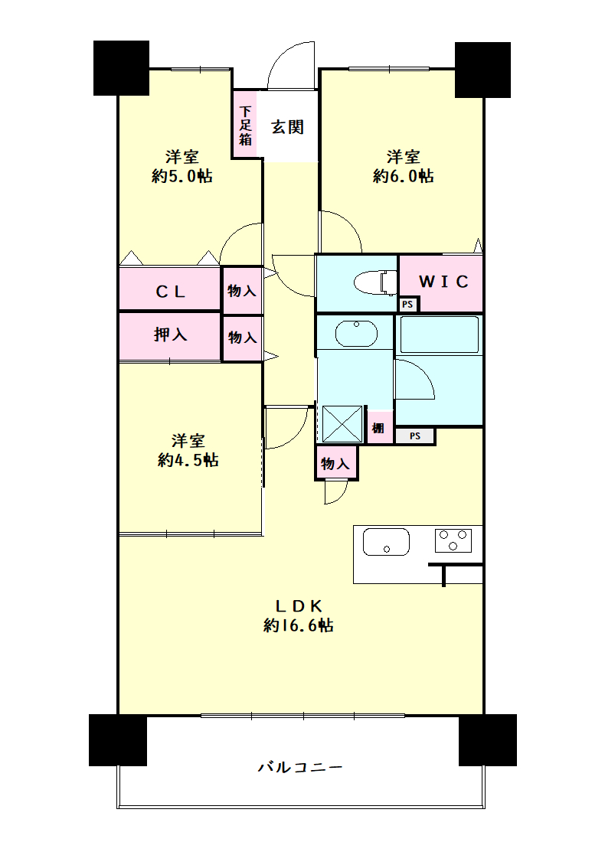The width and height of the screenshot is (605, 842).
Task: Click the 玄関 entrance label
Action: point(287,127)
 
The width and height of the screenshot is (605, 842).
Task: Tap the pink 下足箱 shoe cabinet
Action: point(245,124)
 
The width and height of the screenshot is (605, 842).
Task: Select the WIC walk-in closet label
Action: point(444,282)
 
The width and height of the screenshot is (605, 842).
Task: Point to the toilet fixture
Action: point(375,282)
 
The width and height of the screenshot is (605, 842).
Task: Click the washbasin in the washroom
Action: point(356,334)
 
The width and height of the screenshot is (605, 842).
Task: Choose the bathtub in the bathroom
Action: point(439,335)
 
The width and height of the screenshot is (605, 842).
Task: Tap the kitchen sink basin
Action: point(386,542)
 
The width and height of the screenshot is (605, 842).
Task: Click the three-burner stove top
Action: point(453,540)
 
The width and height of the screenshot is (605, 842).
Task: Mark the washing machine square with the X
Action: point(342,424)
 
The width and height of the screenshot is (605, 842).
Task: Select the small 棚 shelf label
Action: point(379,428)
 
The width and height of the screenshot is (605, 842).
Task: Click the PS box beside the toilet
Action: point(408,305)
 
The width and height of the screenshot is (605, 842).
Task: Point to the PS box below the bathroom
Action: point(415,436)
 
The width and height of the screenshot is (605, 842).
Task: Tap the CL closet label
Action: point(170,292)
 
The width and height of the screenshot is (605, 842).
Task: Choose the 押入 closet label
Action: point(170,335)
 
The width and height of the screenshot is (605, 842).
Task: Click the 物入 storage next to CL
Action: point(242,291)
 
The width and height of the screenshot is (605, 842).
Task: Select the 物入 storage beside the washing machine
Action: point(335,463)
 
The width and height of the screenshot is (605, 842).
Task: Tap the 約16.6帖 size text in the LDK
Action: point(298,625)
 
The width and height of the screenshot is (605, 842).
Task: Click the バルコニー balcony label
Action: point(299,767)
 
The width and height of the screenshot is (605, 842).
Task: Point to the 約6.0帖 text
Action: point(403,175)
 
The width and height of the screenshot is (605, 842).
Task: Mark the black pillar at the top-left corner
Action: point(122,68)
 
